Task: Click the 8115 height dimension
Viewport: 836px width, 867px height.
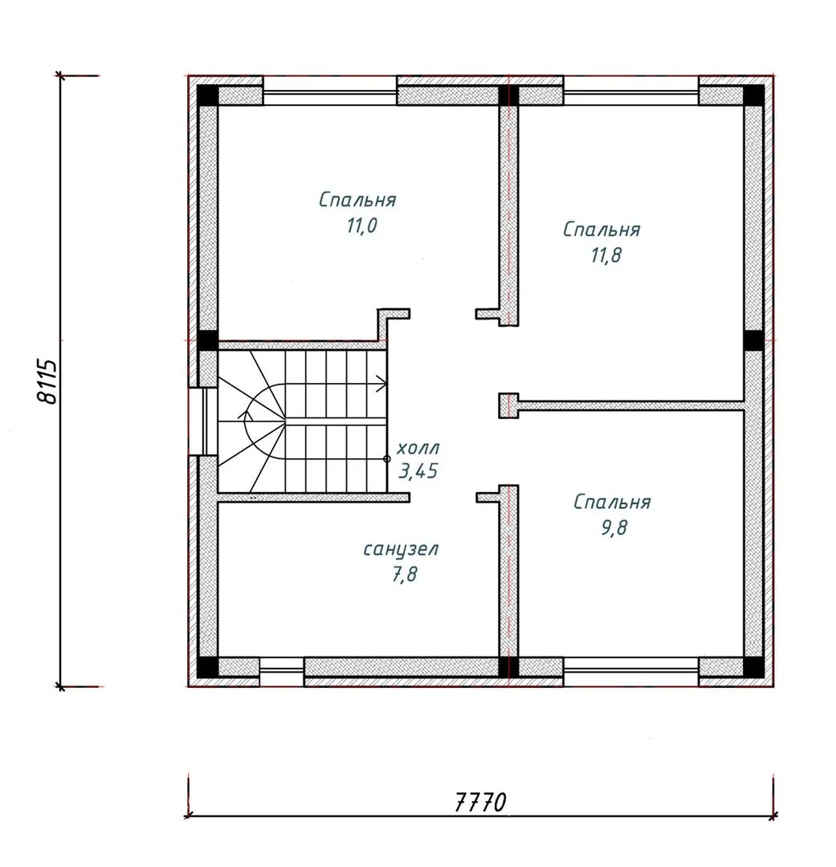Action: point(47,381)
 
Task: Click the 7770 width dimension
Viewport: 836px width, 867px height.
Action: point(480,802)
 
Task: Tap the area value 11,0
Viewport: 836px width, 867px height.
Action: point(362,226)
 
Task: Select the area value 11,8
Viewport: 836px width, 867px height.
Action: point(606,255)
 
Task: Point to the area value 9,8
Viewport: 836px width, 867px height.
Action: point(614,527)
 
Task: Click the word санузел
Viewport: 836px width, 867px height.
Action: point(401,550)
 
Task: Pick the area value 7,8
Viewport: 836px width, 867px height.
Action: point(405,575)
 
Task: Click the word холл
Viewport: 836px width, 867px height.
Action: point(418,447)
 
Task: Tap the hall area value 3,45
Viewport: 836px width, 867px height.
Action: point(418,471)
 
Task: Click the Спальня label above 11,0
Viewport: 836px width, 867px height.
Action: point(357,200)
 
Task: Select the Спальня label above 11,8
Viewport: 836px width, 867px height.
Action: point(602,229)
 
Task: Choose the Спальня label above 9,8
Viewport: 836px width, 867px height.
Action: point(612,502)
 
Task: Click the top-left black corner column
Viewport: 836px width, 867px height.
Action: point(207,95)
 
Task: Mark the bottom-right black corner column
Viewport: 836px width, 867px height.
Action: point(753,667)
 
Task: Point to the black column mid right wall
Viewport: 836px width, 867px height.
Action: point(753,340)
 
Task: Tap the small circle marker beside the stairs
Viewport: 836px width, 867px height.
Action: point(387,459)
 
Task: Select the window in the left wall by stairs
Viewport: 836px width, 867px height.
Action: point(202,421)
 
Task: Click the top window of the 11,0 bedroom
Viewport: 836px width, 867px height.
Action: point(330,91)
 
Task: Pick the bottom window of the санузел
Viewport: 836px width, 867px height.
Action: point(282,672)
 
